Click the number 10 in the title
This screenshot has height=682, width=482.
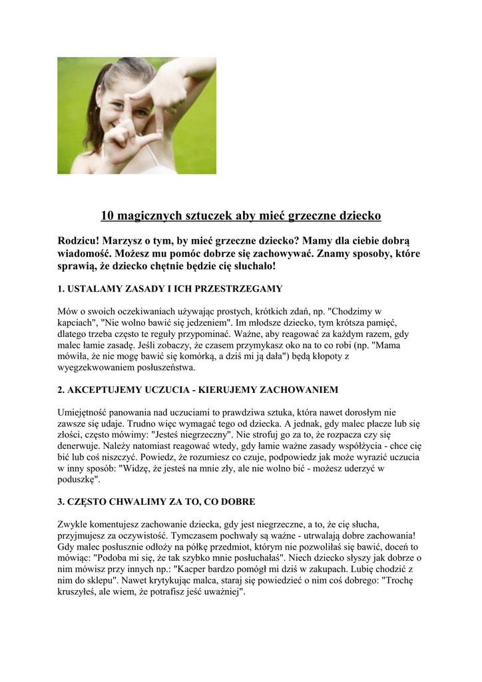click(107, 216)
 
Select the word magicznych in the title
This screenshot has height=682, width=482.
click(148, 216)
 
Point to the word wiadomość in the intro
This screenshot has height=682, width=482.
click(84, 253)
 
